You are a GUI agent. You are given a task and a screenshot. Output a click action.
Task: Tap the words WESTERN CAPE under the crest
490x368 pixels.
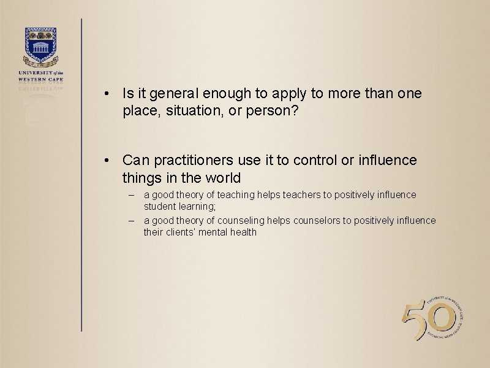40,78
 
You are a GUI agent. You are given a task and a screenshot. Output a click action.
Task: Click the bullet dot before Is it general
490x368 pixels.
107,94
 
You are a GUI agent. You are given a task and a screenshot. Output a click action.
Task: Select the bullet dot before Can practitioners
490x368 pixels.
107,161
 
